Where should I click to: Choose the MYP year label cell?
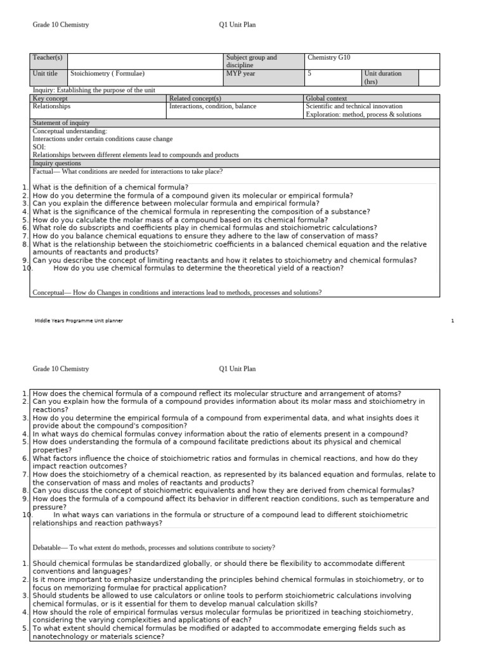point(242,74)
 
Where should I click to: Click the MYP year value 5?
point(309,74)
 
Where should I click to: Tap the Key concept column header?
point(50,98)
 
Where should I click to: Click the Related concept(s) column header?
point(195,98)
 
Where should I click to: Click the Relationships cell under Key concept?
point(51,106)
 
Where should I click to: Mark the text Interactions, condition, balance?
point(212,106)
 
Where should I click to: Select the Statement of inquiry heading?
point(61,123)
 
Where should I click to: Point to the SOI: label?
point(39,147)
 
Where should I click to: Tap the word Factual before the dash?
point(43,172)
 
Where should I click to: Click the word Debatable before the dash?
point(47,547)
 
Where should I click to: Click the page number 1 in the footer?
point(453,321)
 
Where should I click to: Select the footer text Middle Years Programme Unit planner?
point(79,321)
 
